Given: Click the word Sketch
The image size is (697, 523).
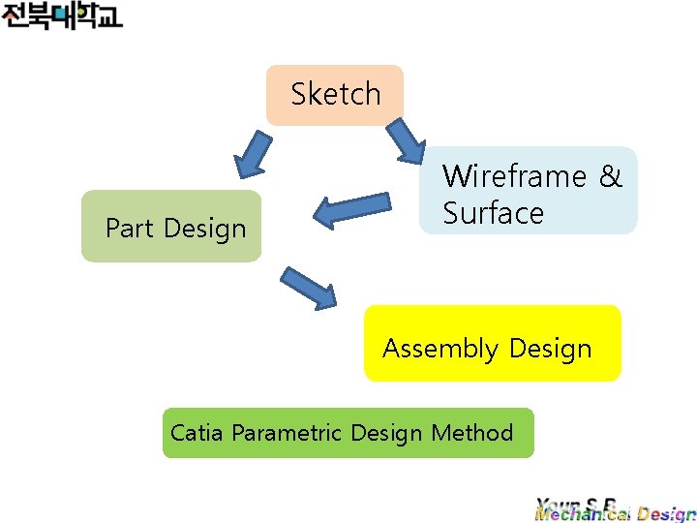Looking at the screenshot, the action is pyautogui.click(x=336, y=94).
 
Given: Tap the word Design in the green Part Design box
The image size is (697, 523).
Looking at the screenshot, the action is pyautogui.click(x=205, y=230).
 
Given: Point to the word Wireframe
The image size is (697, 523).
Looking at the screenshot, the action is pyautogui.click(x=514, y=176).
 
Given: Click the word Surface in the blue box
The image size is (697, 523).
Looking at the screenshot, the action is pyautogui.click(x=493, y=213).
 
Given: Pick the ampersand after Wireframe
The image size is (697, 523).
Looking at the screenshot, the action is pyautogui.click(x=610, y=176).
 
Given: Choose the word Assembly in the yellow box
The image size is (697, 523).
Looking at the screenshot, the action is pyautogui.click(x=440, y=349).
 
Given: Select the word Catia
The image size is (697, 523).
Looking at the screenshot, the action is pyautogui.click(x=197, y=432).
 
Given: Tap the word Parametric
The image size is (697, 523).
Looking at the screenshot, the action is pyautogui.click(x=288, y=433).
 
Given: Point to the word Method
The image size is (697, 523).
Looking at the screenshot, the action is pyautogui.click(x=472, y=432).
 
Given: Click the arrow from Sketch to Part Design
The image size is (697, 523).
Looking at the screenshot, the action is pyautogui.click(x=250, y=152).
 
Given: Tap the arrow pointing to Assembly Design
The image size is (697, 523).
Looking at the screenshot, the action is pyautogui.click(x=308, y=288).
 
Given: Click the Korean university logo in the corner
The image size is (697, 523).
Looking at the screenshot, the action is pyautogui.click(x=62, y=16).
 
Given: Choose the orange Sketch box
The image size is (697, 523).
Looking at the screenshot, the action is pyautogui.click(x=335, y=95).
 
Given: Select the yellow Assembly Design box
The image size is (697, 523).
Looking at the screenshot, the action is pyautogui.click(x=492, y=343).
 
